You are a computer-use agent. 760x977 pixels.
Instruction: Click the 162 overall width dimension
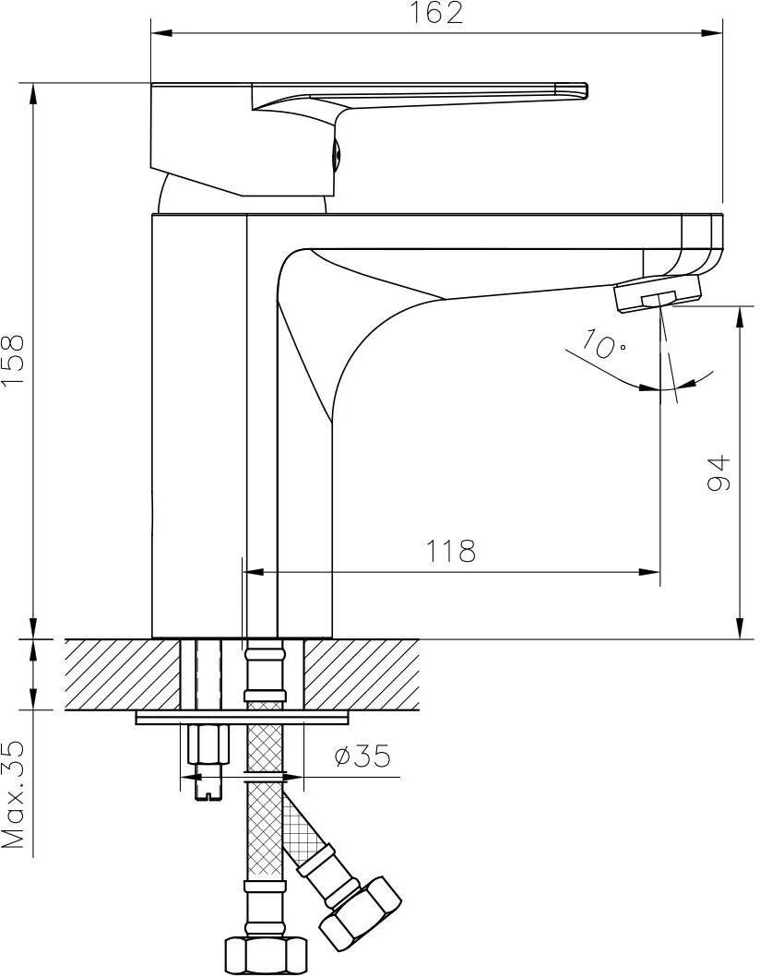pyautogui.click(x=436, y=13)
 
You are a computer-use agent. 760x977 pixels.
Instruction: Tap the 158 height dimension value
pyautogui.click(x=13, y=361)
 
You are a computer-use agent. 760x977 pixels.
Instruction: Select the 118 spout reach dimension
pyautogui.click(x=450, y=550)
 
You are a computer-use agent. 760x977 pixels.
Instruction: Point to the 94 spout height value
pyautogui.click(x=718, y=473)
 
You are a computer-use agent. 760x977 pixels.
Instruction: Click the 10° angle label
pyautogui.click(x=603, y=344)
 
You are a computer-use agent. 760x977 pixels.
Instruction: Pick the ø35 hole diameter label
pyautogui.click(x=363, y=756)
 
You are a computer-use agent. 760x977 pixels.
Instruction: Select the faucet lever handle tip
pyautogui.click(x=576, y=90)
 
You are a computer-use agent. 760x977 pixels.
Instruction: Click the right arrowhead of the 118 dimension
pyautogui.click(x=649, y=571)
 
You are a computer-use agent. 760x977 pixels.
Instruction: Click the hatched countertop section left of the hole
pyautogui.click(x=122, y=673)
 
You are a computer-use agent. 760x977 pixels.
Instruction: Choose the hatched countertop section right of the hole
pyautogui.click(x=362, y=673)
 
